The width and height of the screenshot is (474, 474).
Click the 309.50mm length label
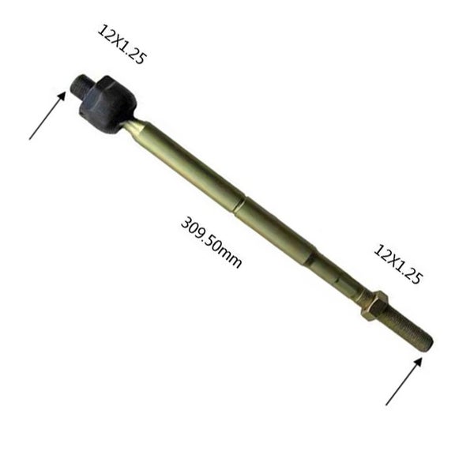[x=211, y=243]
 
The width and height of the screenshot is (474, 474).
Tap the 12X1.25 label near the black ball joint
[x=122, y=44]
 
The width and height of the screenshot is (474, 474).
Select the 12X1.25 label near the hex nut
[x=397, y=264]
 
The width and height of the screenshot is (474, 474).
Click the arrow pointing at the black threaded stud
[x=47, y=115]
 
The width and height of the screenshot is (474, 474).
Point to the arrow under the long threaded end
[x=404, y=382]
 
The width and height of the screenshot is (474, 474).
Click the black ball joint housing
[x=108, y=104]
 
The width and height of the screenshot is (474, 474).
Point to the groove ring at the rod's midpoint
[x=241, y=204]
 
